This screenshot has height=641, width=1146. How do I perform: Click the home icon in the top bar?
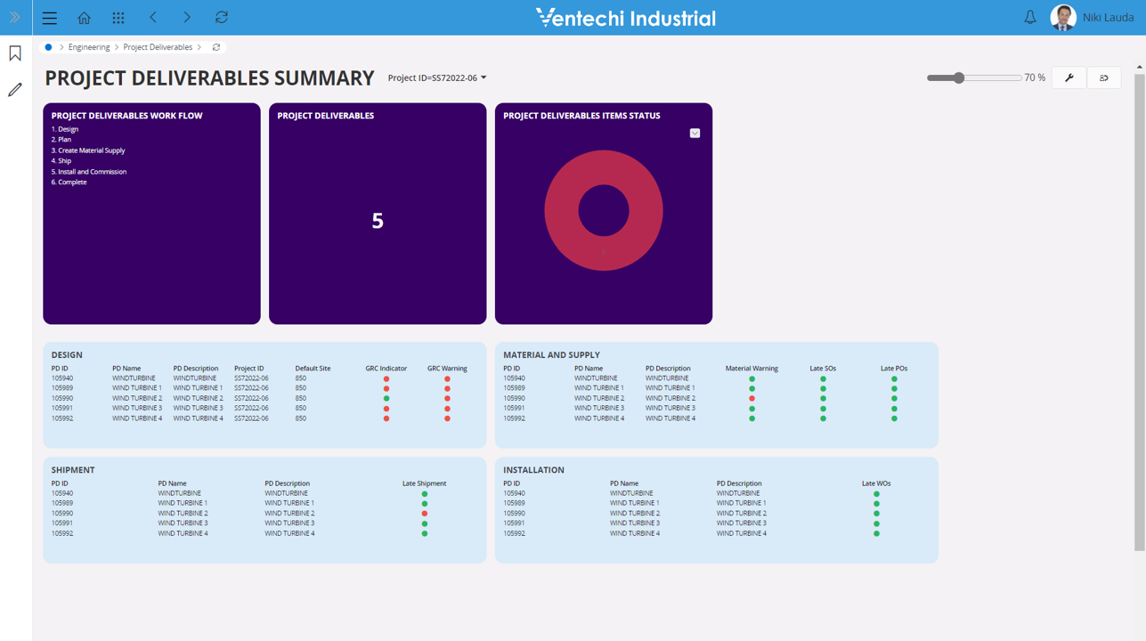click(84, 18)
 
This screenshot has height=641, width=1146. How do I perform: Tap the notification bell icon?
click(1030, 18)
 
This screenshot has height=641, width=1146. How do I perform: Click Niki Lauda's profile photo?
click(1063, 18)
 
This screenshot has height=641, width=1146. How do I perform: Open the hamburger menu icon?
click(50, 18)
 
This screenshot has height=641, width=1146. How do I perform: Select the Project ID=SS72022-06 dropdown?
click(437, 77)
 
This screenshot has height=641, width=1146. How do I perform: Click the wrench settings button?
click(1069, 77)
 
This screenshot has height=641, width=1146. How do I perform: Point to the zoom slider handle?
click(959, 77)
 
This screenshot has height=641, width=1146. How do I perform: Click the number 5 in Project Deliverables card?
click(378, 221)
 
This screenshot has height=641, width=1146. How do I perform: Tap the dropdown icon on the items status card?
click(695, 133)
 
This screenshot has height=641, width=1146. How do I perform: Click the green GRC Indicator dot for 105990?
click(386, 399)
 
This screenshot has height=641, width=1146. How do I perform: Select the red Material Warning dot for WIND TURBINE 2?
click(752, 399)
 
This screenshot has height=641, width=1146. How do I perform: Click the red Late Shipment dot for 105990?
click(424, 514)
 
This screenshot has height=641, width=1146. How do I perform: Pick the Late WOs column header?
click(876, 483)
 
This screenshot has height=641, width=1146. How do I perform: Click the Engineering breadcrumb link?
click(89, 47)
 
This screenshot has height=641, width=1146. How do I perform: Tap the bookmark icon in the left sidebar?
click(15, 53)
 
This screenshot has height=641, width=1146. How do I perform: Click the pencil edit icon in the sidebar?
click(15, 90)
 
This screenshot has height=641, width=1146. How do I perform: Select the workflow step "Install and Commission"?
click(92, 172)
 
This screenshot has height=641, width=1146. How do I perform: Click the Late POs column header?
click(894, 369)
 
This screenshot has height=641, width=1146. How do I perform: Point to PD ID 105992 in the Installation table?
click(514, 533)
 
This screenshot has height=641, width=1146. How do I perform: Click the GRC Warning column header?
click(447, 369)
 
